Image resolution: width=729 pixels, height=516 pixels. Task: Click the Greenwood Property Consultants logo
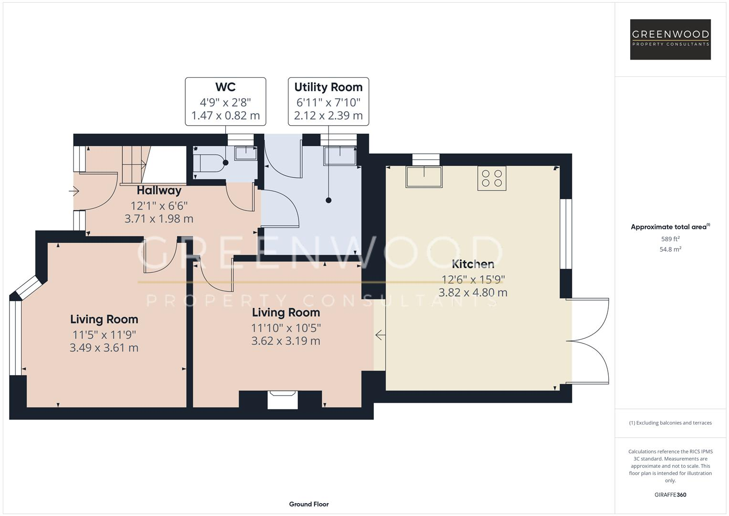[670, 39]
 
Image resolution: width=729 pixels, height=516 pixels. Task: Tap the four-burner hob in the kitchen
[492, 178]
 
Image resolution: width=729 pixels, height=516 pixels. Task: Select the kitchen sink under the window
[423, 176]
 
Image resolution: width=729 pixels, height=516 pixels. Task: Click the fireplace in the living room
[282, 399]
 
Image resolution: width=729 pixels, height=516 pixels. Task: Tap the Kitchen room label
[473, 264]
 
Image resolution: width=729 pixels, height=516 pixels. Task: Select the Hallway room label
[159, 190]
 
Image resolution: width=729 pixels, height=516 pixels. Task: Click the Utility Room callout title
[328, 87]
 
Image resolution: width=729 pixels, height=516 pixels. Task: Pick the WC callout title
[225, 87]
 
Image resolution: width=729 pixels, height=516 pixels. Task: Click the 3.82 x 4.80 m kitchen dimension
[473, 292]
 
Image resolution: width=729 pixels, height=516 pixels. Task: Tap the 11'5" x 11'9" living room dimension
[104, 334]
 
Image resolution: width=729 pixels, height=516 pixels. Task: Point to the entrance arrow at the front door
[74, 192]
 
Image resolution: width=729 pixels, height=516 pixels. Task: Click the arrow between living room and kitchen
[380, 335]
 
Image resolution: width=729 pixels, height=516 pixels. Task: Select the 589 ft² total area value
[670, 239]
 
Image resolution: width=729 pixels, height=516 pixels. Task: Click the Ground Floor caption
[308, 504]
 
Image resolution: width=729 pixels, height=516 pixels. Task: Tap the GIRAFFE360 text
[670, 494]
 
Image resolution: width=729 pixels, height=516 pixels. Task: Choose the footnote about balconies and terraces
[670, 423]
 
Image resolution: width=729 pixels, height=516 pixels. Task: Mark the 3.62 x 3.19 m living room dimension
[285, 341]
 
